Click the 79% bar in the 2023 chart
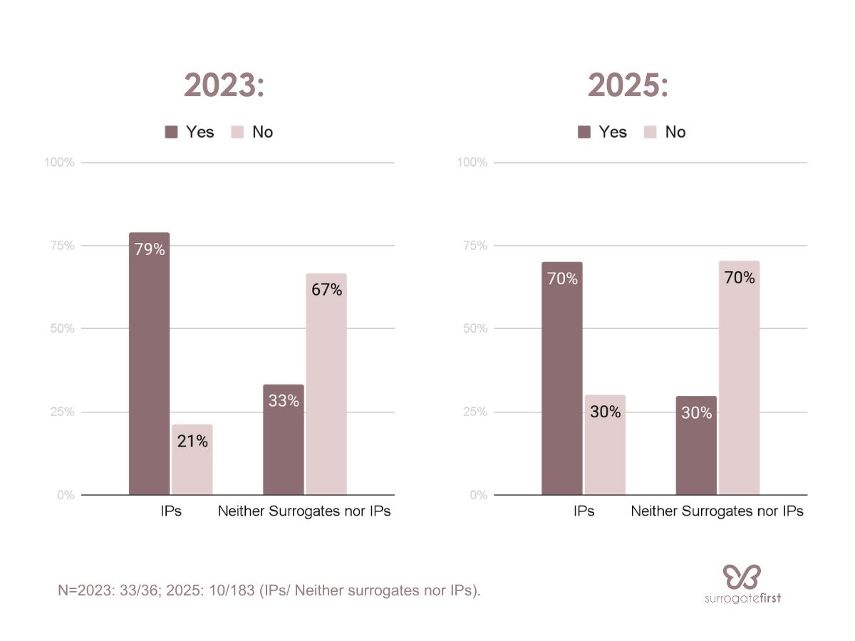[149, 363]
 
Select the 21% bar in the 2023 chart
[192, 459]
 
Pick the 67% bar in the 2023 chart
[326, 384]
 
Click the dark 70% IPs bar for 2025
[561, 378]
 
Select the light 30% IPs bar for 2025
[604, 444]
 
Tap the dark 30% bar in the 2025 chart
[696, 445]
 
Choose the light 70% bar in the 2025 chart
[739, 377]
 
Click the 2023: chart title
[224, 86]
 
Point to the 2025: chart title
[628, 86]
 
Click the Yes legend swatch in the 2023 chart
[171, 132]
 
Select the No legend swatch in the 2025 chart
[650, 132]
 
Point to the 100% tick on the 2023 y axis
[59, 162]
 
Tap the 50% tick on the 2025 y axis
[474, 328]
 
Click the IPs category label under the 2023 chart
[170, 511]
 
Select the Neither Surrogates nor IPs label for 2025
[717, 511]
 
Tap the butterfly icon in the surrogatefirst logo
[742, 575]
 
